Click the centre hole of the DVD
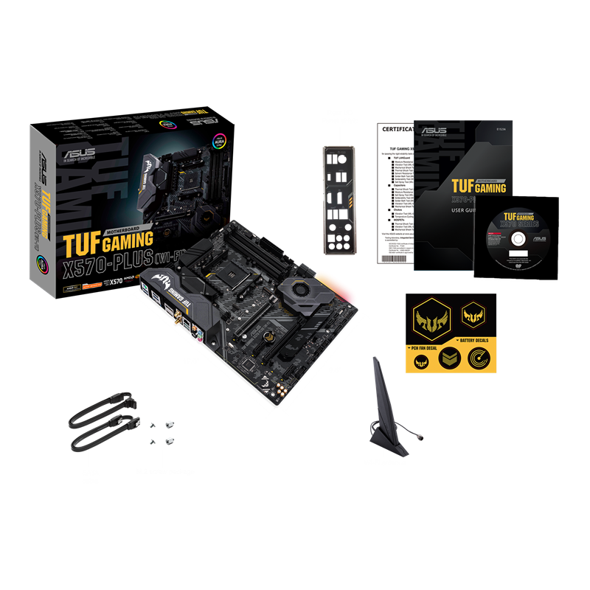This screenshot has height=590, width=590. pyautogui.click(x=516, y=239)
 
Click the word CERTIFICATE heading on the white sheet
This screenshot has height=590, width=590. pyautogui.click(x=395, y=129)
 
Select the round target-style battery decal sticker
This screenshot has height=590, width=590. pyautogui.click(x=479, y=361)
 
